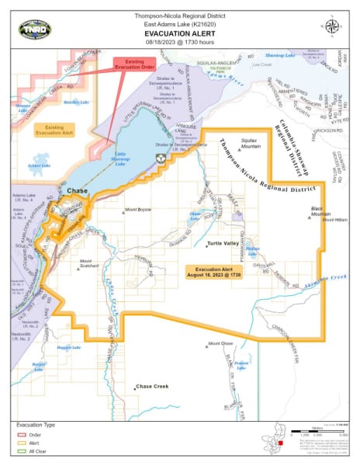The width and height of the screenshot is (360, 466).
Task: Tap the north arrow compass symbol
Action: [x=333, y=26]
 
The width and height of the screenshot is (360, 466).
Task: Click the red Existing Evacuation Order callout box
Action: [x=135, y=68]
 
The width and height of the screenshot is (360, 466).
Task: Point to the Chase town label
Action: [x=78, y=191]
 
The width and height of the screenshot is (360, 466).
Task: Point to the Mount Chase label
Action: [x=221, y=343]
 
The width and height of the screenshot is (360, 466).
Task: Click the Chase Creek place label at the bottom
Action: [x=151, y=386]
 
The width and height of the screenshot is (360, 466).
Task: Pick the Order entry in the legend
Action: [x=35, y=436]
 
